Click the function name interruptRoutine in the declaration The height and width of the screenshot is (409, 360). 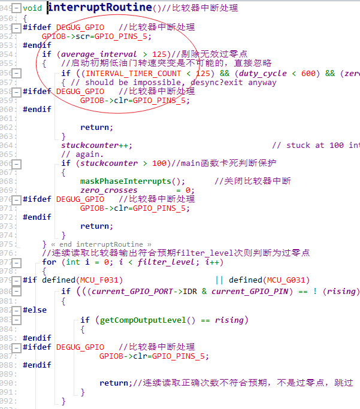pos(99,7)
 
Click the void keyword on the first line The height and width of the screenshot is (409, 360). pos(34,8)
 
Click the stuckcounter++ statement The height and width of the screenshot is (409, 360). pos(96,145)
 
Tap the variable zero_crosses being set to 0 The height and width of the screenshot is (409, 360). pos(108,190)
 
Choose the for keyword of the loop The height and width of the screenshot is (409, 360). pos(49,262)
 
